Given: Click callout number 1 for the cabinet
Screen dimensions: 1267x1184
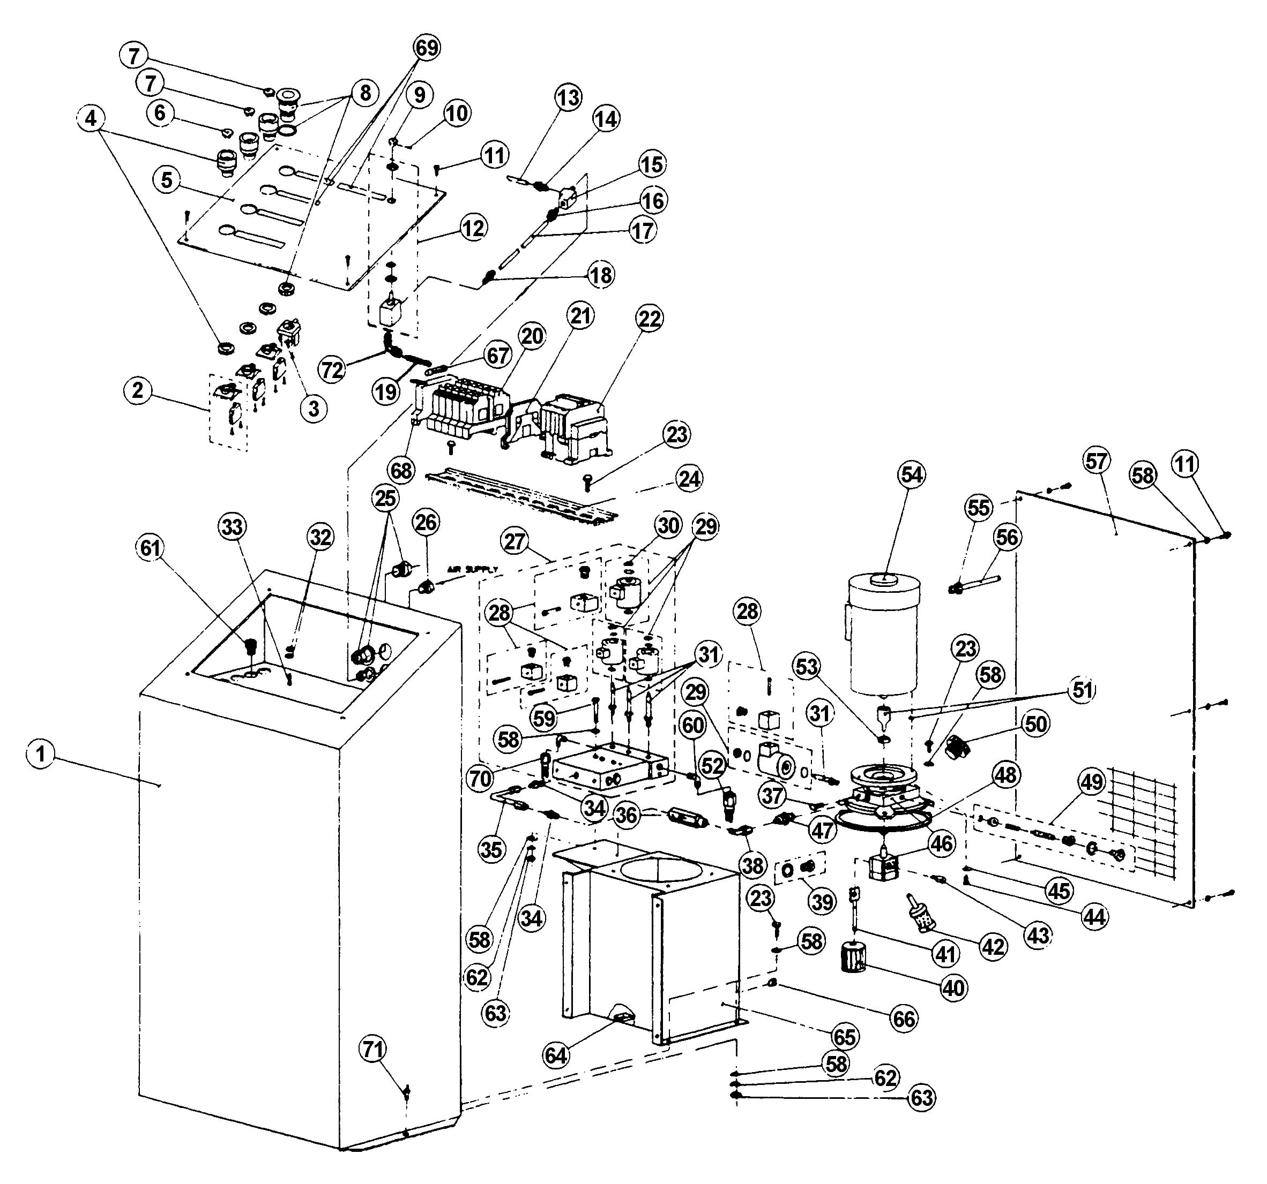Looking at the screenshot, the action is [x=41, y=755].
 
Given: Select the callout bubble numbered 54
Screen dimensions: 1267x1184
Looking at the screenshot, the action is [x=911, y=475].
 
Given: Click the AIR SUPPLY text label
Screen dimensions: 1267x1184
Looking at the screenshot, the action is [x=472, y=569].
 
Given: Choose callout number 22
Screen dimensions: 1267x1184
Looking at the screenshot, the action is [x=650, y=319].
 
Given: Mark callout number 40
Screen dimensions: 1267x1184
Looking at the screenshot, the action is [x=954, y=988].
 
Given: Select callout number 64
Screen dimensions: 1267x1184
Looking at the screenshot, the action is [x=556, y=1055].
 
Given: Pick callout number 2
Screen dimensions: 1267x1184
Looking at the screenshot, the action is [x=138, y=390].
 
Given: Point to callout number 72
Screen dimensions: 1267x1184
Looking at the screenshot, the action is [x=333, y=369].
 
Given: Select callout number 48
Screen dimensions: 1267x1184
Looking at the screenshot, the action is [x=1007, y=775].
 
